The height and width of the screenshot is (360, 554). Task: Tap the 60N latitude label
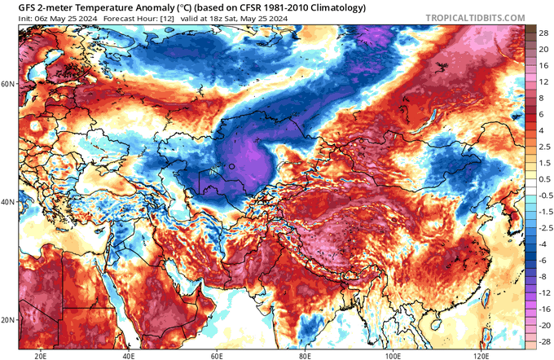(8, 84)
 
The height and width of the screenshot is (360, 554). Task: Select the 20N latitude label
(8, 319)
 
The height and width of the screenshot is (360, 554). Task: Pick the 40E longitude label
(129, 355)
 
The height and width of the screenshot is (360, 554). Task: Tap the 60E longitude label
(218, 355)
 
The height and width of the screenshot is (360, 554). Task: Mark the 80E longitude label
(306, 355)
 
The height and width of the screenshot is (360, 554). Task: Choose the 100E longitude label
(394, 355)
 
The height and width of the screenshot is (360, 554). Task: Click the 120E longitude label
(481, 355)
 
